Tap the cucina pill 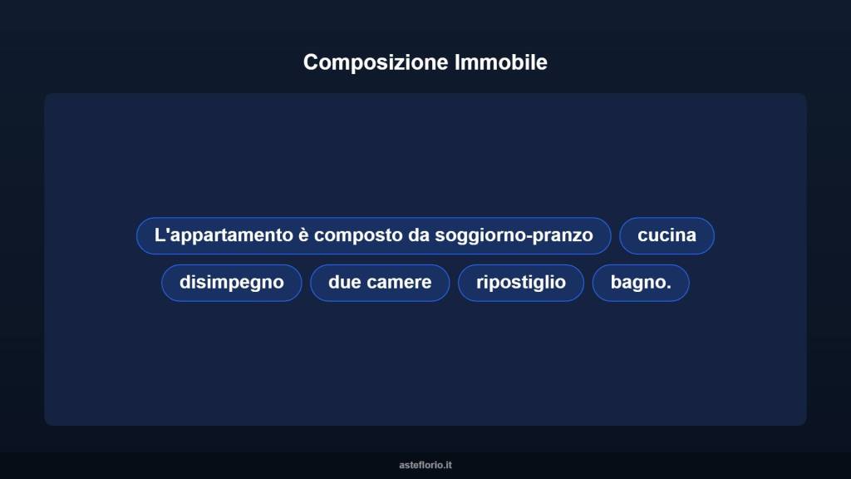pyautogui.click(x=667, y=235)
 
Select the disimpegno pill pyautogui.click(x=231, y=282)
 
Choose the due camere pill pyautogui.click(x=380, y=282)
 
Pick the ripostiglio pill pyautogui.click(x=521, y=282)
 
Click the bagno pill pyautogui.click(x=640, y=282)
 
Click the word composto pyautogui.click(x=358, y=235)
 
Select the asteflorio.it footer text pyautogui.click(x=425, y=465)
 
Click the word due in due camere pyautogui.click(x=344, y=282)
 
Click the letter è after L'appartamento pyautogui.click(x=303, y=235)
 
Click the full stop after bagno pyautogui.click(x=668, y=287)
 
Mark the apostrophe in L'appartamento pyautogui.click(x=166, y=230)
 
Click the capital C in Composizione pyautogui.click(x=311, y=62)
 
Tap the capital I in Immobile pyautogui.click(x=458, y=62)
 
